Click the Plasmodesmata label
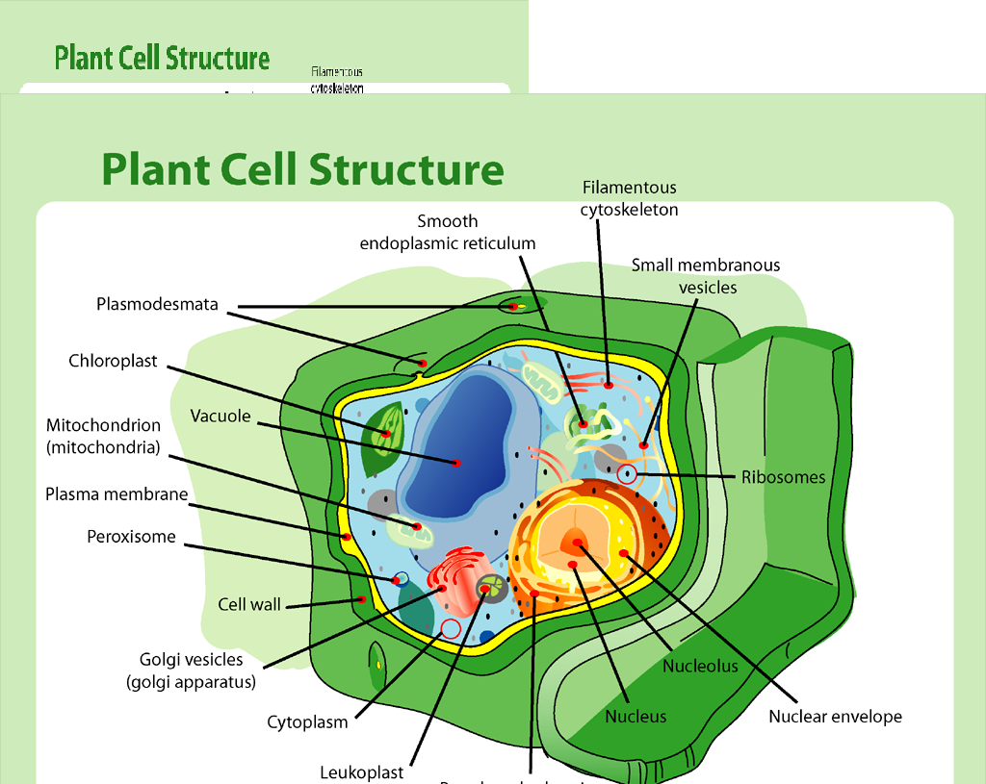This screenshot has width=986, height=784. pyautogui.click(x=157, y=305)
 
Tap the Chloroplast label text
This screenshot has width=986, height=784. pyautogui.click(x=113, y=362)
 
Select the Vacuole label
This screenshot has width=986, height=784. pyautogui.click(x=221, y=417)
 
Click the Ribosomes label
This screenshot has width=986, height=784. pyautogui.click(x=783, y=477)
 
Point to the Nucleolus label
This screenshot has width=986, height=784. pyautogui.click(x=700, y=666)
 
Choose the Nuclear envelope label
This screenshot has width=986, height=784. pyautogui.click(x=835, y=717)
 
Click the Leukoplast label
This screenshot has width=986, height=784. pyautogui.click(x=362, y=772)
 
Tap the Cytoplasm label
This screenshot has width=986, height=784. pyautogui.click(x=307, y=722)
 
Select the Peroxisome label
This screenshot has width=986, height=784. pyautogui.click(x=132, y=537)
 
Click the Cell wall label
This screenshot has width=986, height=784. pyautogui.click(x=249, y=605)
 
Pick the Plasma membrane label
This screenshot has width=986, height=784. pyautogui.click(x=117, y=494)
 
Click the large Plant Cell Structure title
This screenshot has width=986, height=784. pyautogui.click(x=302, y=168)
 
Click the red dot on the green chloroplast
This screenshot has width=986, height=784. pyautogui.click(x=385, y=434)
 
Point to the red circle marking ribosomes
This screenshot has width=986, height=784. pyautogui.click(x=627, y=473)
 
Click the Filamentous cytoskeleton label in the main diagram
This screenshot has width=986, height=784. pyautogui.click(x=629, y=198)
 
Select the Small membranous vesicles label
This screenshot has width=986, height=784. pyautogui.click(x=706, y=276)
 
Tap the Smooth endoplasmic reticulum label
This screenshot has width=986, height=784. pyautogui.click(x=448, y=233)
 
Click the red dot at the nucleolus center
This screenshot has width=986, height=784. pyautogui.click(x=577, y=543)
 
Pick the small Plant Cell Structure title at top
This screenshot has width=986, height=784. pyautogui.click(x=162, y=58)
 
